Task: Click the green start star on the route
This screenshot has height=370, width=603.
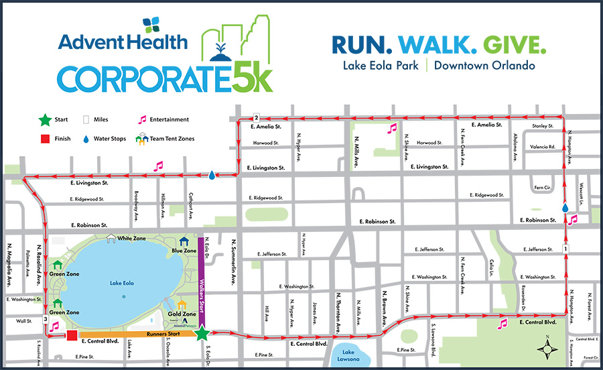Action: point(202,333)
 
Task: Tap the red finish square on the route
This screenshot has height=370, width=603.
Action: point(72,335)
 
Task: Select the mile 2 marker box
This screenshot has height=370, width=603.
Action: point(255,117)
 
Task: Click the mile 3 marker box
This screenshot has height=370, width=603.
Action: point(46,319)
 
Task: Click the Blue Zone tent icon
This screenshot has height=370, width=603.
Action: point(184,241)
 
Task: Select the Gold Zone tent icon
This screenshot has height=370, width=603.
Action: point(181,306)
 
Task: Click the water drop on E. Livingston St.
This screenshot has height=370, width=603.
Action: point(212,175)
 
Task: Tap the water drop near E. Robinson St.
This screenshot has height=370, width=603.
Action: point(565,208)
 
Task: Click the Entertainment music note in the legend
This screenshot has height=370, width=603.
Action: point(141,120)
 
